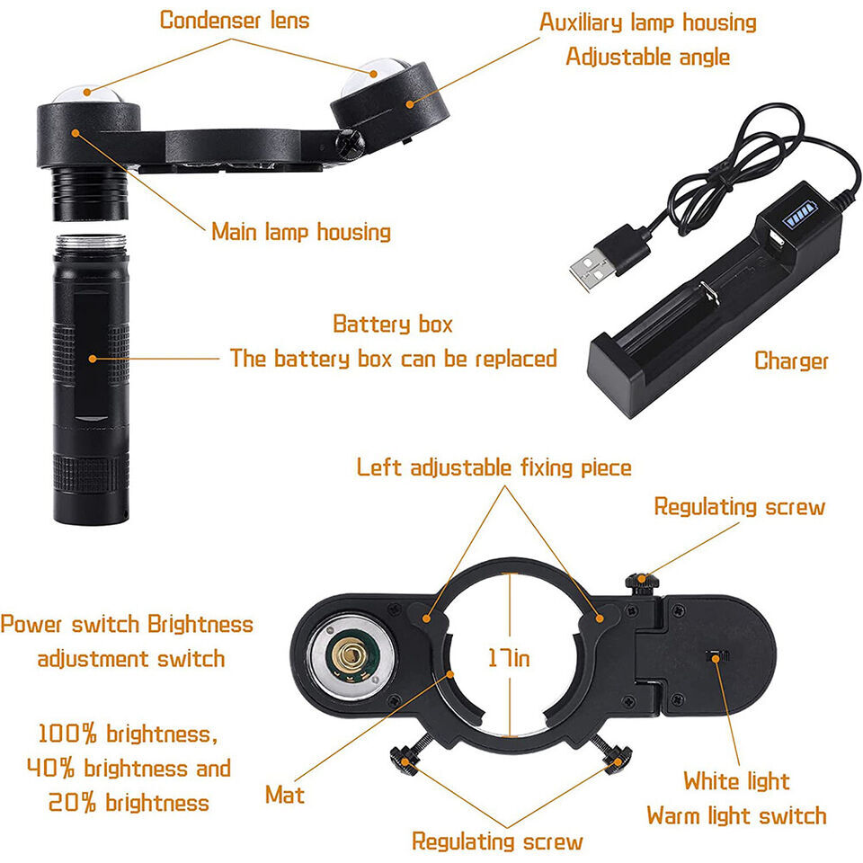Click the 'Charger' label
(x=791, y=361)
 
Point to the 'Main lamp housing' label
(x=301, y=232)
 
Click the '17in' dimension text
(x=509, y=658)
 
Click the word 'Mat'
(x=285, y=795)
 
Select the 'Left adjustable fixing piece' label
(x=494, y=467)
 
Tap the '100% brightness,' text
(x=127, y=734)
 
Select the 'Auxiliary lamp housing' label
(x=647, y=22)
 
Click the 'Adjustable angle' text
(x=647, y=57)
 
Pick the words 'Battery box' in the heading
(x=393, y=324)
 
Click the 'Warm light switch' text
(x=736, y=816)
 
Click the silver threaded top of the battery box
(x=91, y=242)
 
